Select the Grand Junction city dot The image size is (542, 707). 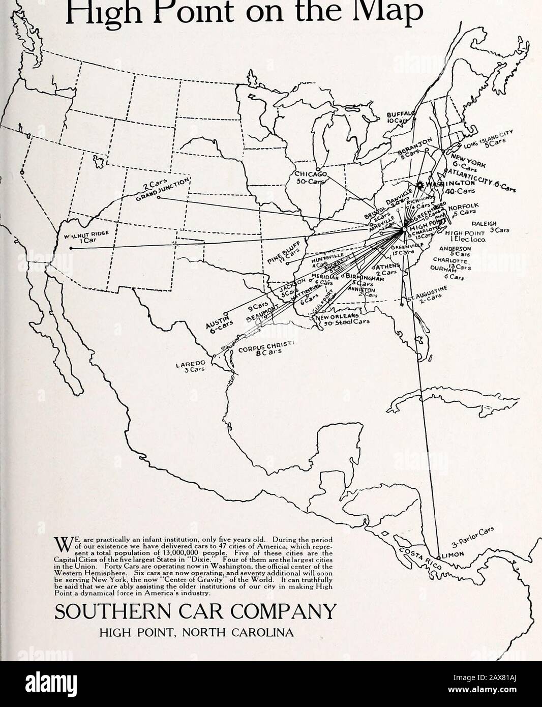159,197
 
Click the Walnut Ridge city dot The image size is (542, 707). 71,248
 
